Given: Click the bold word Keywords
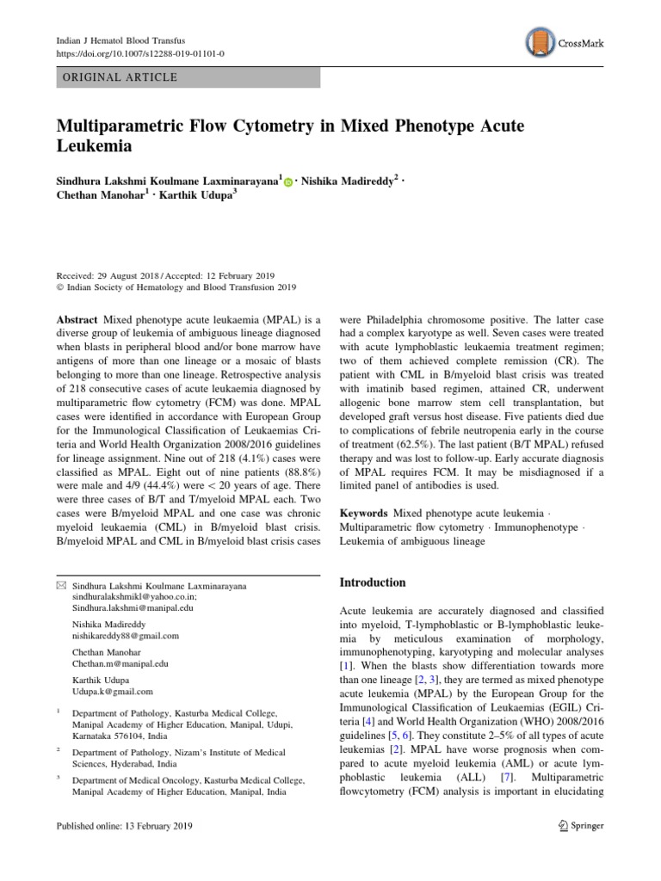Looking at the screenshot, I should click(368, 513).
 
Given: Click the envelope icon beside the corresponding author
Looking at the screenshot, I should click(59, 586).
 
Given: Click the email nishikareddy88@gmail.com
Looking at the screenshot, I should click(126, 636).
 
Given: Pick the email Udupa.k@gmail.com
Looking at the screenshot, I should click(113, 691).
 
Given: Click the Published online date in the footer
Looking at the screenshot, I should click(124, 826).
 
